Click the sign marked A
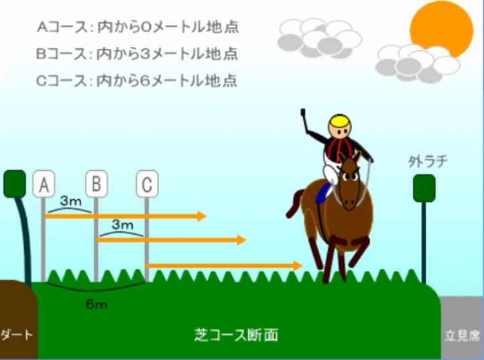pyautogui.click(x=44, y=184)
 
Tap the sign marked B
pyautogui.click(x=97, y=184)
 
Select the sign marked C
pyautogui.click(x=147, y=184)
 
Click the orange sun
pyautogui.click(x=441, y=29)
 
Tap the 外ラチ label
pyautogui.click(x=428, y=161)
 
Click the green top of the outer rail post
pyautogui.click(x=424, y=188)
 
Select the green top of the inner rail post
pyautogui.click(x=15, y=184)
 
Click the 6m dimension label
pyautogui.click(x=97, y=305)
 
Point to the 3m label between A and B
pyautogui.click(x=71, y=201)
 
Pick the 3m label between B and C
pyautogui.click(x=123, y=225)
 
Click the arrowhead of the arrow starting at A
pyautogui.click(x=202, y=216)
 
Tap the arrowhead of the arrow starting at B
pyautogui.click(x=242, y=239)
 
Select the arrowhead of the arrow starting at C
pyautogui.click(x=298, y=265)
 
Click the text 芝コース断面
pyautogui.click(x=237, y=335)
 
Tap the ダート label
pyautogui.click(x=17, y=335)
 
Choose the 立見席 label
pyautogui.click(x=462, y=336)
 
